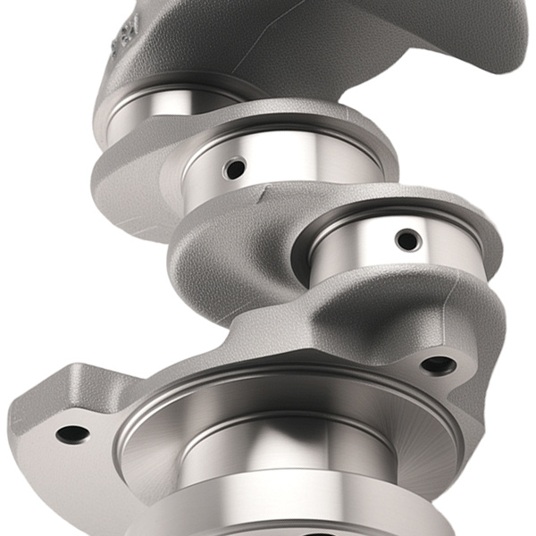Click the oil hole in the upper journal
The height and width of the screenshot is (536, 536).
[x=235, y=167]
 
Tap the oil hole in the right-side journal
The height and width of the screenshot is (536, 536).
[x=407, y=239]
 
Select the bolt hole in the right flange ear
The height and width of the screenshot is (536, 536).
[x=438, y=364]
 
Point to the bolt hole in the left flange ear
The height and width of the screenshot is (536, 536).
[x=72, y=434]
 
